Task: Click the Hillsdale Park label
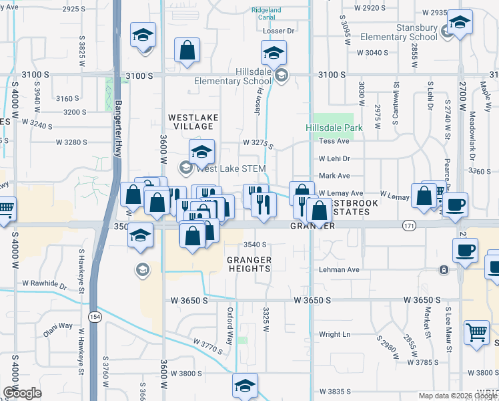pyautogui.click(x=334, y=128)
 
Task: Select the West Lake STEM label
pyautogui.click(x=230, y=168)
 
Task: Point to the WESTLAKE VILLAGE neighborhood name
pyautogui.click(x=193, y=122)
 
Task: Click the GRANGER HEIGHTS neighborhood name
pyautogui.click(x=248, y=264)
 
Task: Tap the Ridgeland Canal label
pyautogui.click(x=267, y=14)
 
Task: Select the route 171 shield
pyautogui.click(x=409, y=227)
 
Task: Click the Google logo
pyautogui.click(x=23, y=392)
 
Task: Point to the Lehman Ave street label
pyautogui.click(x=338, y=270)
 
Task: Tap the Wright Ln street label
pyautogui.click(x=334, y=334)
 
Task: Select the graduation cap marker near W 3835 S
pyautogui.click(x=245, y=384)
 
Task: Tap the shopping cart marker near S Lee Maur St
pyautogui.click(x=476, y=332)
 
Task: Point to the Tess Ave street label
pyautogui.click(x=334, y=142)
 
